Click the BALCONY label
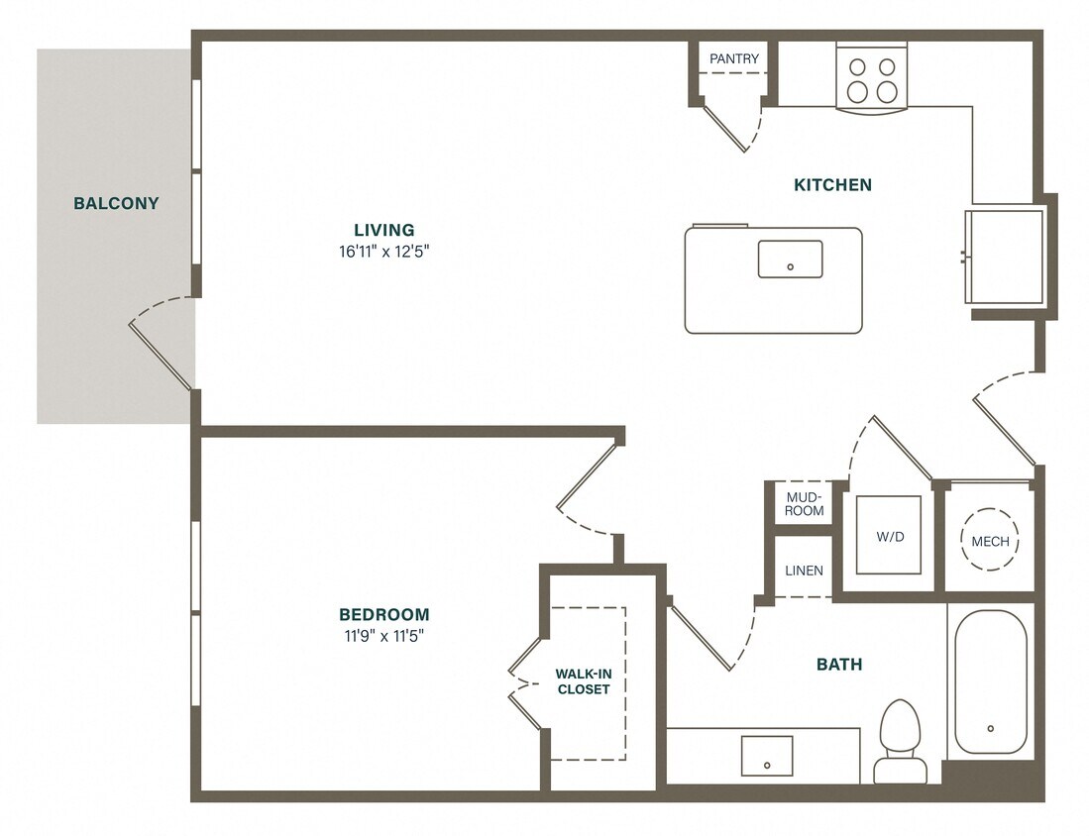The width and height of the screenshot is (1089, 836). (116, 204)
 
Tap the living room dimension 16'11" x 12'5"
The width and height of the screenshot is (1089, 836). (383, 252)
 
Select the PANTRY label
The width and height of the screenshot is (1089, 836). (734, 58)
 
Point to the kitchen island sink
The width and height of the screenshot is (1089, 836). (790, 260)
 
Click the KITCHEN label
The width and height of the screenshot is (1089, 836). (832, 184)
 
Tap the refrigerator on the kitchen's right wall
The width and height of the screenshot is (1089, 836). (1005, 256)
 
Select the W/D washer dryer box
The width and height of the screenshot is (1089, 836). (888, 536)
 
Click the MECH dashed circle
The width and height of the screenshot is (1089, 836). (990, 541)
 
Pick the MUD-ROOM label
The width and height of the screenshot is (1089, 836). (805, 503)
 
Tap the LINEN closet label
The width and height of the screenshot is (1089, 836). (804, 571)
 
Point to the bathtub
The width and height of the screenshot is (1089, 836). (990, 683)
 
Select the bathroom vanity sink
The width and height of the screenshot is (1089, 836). (768, 758)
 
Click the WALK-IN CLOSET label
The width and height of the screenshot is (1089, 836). (584, 681)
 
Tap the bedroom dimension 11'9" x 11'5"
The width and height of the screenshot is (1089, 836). (383, 636)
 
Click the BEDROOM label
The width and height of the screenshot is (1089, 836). (383, 614)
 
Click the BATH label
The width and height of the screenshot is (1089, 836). (838, 664)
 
